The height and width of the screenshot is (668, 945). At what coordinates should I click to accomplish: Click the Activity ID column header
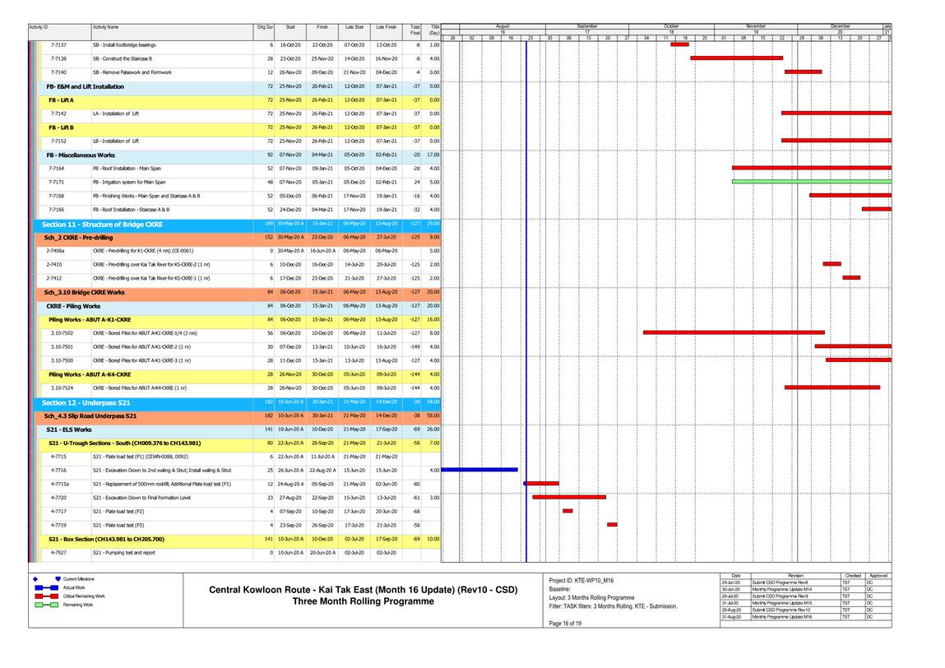(x=39, y=28)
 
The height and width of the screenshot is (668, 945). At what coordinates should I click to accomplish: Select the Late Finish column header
(x=386, y=28)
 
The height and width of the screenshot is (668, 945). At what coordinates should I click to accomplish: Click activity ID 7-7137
(x=58, y=45)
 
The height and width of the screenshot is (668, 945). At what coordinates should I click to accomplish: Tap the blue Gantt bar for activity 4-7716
(x=479, y=470)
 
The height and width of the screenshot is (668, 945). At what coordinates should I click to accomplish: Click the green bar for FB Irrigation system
(x=811, y=182)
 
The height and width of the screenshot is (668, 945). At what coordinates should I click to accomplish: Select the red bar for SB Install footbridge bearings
(x=679, y=44)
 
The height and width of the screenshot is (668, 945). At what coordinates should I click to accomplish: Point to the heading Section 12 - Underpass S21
(x=86, y=402)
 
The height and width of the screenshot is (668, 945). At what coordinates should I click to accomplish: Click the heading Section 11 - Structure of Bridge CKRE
(x=102, y=224)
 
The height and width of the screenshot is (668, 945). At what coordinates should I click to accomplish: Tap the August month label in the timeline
(x=503, y=26)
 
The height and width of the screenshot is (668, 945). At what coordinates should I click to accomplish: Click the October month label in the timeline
(x=670, y=26)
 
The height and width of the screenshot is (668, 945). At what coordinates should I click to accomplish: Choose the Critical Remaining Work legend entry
(x=85, y=596)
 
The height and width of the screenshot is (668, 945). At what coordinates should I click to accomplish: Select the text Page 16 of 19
(x=564, y=623)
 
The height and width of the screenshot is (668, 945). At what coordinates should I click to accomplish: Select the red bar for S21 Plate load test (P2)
(x=567, y=511)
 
